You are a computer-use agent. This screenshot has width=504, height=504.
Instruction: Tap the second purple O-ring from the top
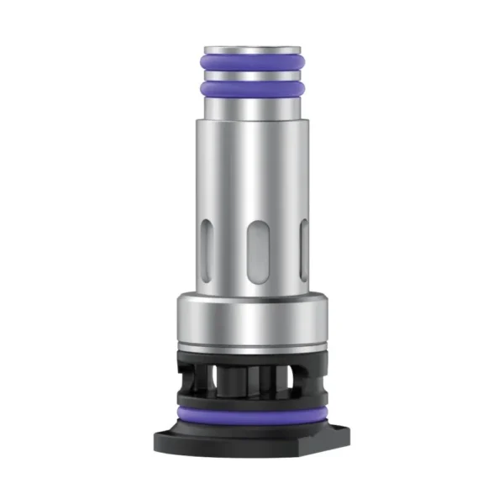pos(252,87)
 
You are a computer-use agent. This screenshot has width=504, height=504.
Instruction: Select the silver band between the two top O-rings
pos(252,75)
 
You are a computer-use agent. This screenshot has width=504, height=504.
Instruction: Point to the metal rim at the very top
pos(252,45)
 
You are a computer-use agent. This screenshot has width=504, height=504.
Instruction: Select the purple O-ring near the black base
pos(252,417)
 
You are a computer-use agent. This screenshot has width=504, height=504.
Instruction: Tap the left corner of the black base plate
pos(160,438)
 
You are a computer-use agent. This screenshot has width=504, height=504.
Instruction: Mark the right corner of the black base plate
pos(344,438)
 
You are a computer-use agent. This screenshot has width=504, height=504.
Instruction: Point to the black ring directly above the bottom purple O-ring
pos(252,403)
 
